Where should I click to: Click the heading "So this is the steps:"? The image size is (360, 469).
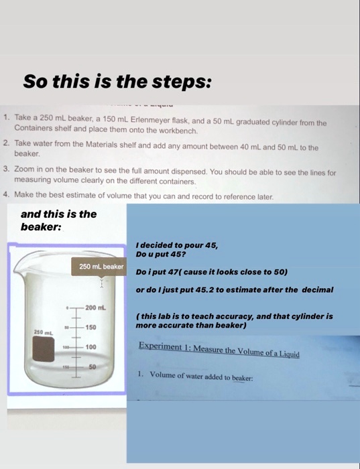click(x=118, y=82)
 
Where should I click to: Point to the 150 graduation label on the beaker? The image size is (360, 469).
click(x=91, y=326)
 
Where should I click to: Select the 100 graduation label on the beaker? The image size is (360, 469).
click(x=91, y=347)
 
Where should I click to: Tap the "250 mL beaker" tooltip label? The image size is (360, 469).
click(x=101, y=267)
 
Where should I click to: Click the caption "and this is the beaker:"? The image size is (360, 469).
click(x=59, y=220)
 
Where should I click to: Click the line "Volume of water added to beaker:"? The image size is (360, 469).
click(x=200, y=377)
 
